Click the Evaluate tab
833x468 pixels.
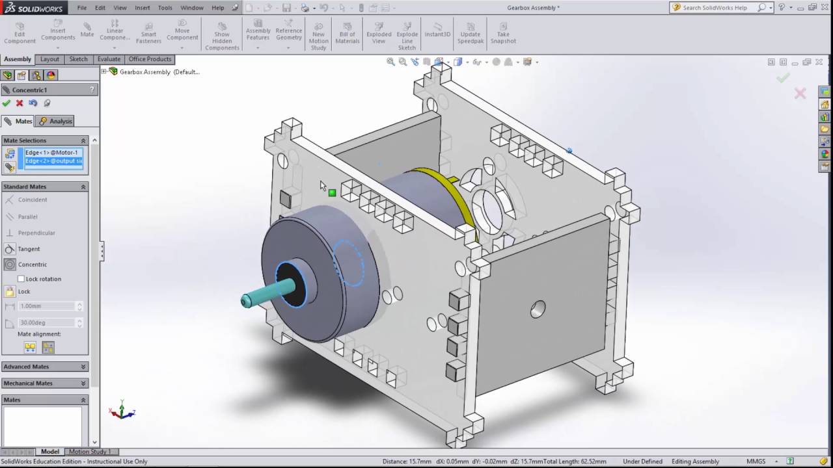109,59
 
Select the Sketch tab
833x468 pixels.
78,59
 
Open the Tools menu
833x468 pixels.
165,8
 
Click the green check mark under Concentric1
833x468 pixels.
7,103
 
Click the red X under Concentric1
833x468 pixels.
20,103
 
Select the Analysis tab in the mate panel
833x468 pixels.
55,122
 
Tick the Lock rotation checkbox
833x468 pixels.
21,279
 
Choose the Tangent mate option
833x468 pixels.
29,249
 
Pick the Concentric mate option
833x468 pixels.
32,265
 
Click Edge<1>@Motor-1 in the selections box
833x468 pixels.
51,153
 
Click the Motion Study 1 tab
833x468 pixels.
89,452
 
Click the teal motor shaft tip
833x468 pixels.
247,300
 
